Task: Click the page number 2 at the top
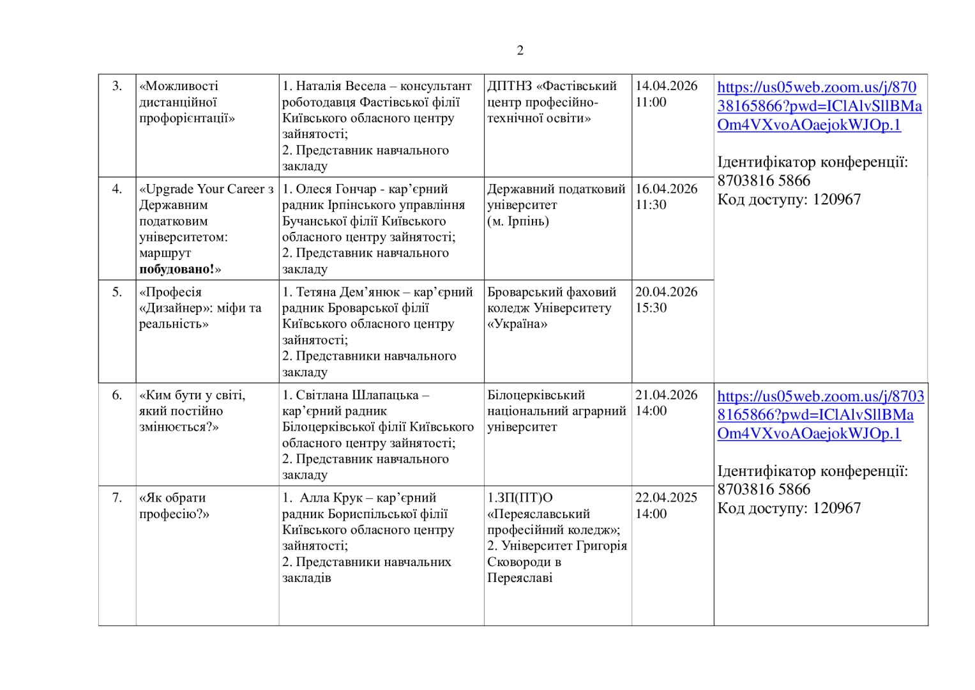(520, 50)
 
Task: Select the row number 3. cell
(117, 86)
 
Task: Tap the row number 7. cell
(117, 498)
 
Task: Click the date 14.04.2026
(666, 86)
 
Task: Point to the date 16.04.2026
(666, 189)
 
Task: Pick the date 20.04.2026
(666, 292)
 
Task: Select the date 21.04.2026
(666, 395)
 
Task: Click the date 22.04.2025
(666, 498)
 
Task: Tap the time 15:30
(651, 308)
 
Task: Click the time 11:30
(651, 205)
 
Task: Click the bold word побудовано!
(177, 270)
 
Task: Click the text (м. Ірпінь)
(518, 221)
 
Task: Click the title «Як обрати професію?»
(174, 506)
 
